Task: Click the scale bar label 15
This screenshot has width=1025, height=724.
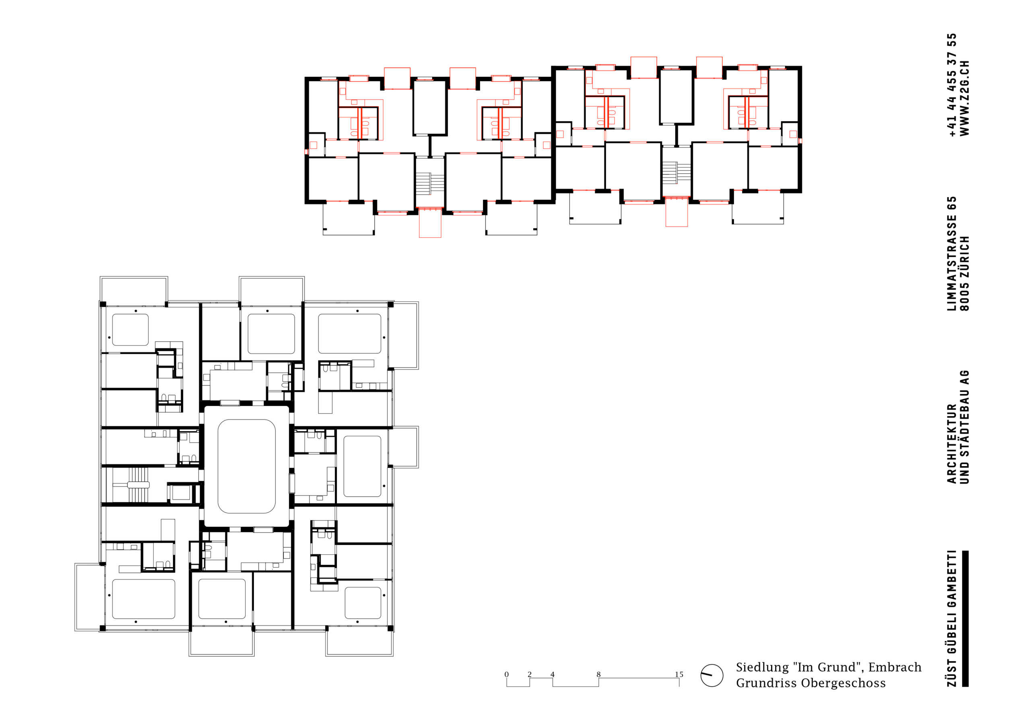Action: tap(679, 674)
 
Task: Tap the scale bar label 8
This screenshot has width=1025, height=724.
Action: tap(599, 674)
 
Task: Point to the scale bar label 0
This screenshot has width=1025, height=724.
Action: tap(506, 674)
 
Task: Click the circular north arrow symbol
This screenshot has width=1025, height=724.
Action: tap(712, 675)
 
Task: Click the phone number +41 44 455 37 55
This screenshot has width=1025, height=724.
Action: tap(951, 85)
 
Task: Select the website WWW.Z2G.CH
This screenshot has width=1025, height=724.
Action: tap(965, 98)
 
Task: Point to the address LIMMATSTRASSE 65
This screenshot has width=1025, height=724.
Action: tap(951, 253)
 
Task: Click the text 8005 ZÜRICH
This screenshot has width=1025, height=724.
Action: tap(965, 273)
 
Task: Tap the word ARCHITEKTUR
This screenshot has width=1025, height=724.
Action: tap(951, 444)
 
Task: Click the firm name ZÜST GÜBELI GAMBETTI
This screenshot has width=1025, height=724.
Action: tap(951, 618)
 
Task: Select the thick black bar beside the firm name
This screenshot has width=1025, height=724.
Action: tap(965, 619)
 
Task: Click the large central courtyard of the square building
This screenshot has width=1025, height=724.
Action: tap(246, 466)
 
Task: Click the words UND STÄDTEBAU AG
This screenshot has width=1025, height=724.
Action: tap(965, 427)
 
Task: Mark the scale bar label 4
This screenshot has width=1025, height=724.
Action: tap(552, 674)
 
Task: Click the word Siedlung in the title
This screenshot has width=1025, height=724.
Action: tap(762, 667)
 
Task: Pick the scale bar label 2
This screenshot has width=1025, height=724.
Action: tap(530, 674)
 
